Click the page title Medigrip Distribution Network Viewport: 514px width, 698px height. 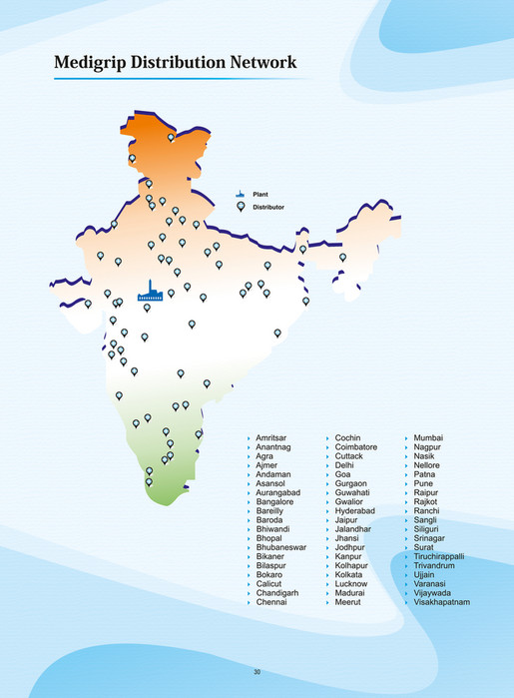point(175,63)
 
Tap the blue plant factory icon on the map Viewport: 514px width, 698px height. point(151,291)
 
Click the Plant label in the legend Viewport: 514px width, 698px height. point(260,193)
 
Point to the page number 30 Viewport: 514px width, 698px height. point(257,672)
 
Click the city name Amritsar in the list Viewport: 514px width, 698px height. point(270,438)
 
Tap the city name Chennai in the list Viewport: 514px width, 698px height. point(270,602)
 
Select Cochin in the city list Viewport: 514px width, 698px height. point(347,438)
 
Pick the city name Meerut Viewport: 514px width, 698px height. point(348,602)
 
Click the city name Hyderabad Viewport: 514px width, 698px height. point(354,511)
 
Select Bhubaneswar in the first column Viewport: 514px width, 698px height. point(280,547)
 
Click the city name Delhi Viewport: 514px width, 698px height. point(344,465)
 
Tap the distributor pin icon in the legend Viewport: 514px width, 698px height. point(240,207)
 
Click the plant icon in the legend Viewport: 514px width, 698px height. point(240,193)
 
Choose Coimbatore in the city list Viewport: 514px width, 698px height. point(356,447)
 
